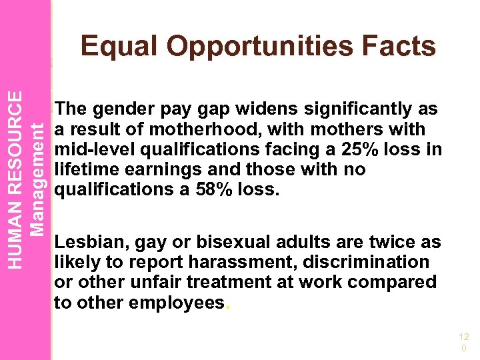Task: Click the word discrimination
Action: (363, 262)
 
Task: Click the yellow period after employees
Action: (229, 305)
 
